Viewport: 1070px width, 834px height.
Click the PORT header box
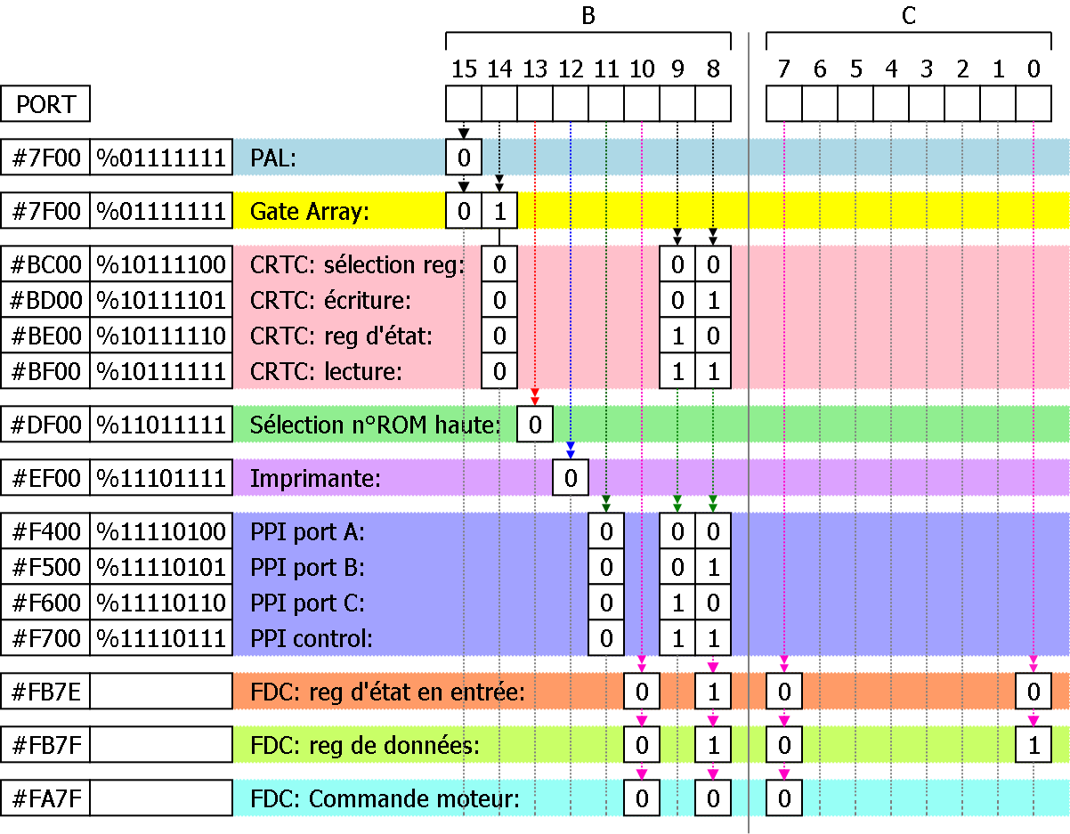click(x=45, y=104)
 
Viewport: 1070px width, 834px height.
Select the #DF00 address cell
click(x=45, y=425)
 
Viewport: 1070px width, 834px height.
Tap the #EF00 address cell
click(x=45, y=478)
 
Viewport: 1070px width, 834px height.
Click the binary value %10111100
click(x=161, y=264)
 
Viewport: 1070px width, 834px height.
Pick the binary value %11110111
click(x=161, y=638)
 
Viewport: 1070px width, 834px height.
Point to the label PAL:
click(x=273, y=158)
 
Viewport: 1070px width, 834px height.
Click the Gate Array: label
click(x=310, y=212)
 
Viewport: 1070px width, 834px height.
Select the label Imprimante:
click(x=315, y=479)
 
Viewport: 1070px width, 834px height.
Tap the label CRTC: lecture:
click(x=326, y=372)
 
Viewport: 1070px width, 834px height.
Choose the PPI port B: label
click(x=308, y=567)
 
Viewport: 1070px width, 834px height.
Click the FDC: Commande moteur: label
click(x=385, y=798)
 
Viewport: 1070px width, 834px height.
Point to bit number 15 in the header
click(x=464, y=69)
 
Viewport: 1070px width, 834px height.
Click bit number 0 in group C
click(x=1034, y=69)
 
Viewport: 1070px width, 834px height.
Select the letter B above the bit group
click(x=588, y=15)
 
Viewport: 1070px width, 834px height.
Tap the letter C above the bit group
click(x=909, y=15)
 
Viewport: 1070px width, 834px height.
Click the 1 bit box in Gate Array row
click(x=499, y=211)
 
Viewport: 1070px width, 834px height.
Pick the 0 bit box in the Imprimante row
click(x=571, y=478)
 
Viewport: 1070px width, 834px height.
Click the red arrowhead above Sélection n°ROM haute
click(x=535, y=393)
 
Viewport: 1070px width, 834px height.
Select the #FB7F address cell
click(x=45, y=745)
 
